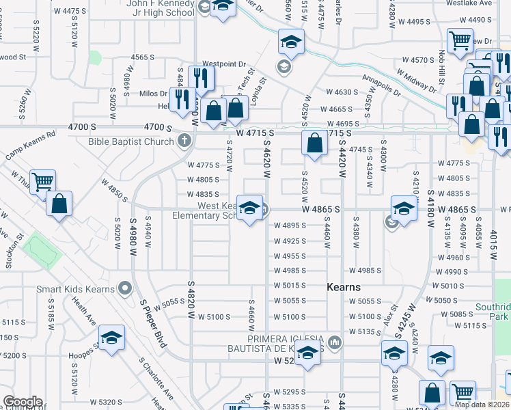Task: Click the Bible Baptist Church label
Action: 130,142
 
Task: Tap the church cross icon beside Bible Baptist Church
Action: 183,142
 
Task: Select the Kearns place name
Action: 343,287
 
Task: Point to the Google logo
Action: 22,402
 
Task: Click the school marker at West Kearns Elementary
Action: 250,208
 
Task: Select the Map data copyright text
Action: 482,405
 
